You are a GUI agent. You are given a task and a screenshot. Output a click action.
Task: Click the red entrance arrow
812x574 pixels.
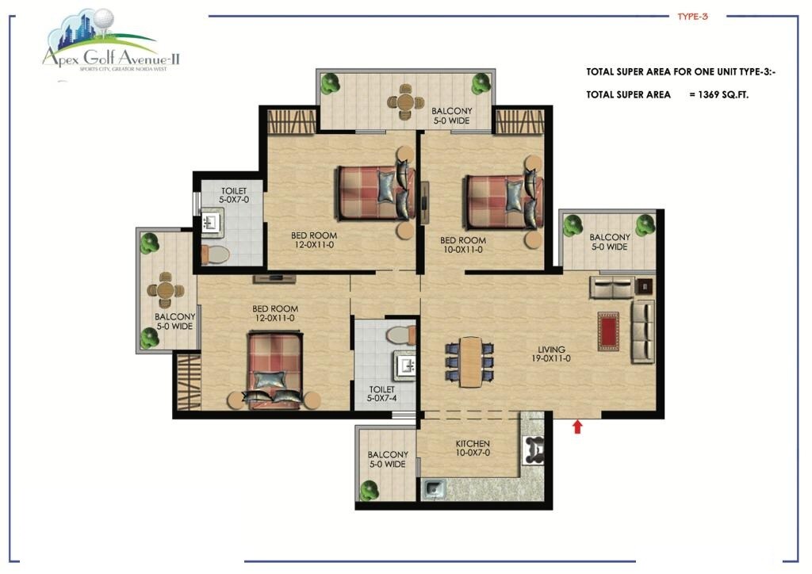pyautogui.click(x=577, y=427)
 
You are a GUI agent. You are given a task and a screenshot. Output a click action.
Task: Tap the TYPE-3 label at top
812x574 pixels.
pyautogui.click(x=692, y=16)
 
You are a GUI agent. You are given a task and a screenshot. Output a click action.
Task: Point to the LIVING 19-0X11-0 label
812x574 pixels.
pyautogui.click(x=551, y=354)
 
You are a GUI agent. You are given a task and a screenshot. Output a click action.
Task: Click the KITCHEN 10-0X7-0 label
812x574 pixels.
pyautogui.click(x=473, y=449)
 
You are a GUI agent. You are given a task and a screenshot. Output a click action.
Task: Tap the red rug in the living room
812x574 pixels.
pyautogui.click(x=608, y=331)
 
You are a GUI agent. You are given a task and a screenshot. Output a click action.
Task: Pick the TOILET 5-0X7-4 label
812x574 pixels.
pyautogui.click(x=382, y=395)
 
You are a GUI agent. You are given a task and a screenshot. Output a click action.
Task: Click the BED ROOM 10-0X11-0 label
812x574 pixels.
pyautogui.click(x=462, y=245)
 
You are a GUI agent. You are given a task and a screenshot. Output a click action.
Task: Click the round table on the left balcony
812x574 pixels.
pyautogui.click(x=164, y=289)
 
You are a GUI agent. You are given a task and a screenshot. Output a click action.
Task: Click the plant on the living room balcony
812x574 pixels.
pyautogui.click(x=573, y=228)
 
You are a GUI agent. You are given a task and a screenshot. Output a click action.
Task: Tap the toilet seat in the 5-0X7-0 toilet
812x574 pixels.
pyautogui.click(x=214, y=254)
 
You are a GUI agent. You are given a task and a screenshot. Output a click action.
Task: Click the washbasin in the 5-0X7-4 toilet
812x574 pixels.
pyautogui.click(x=407, y=365)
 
